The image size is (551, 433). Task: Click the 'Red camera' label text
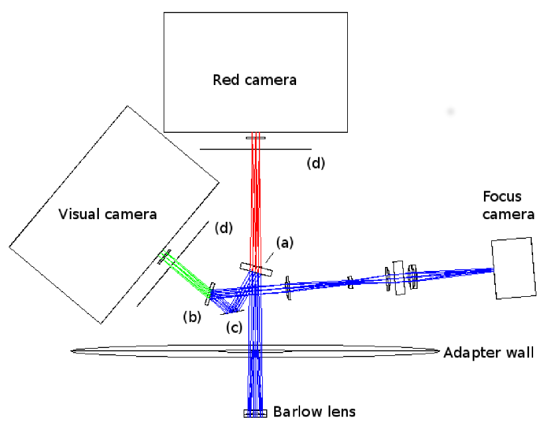254,80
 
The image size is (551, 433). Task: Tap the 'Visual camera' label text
108,214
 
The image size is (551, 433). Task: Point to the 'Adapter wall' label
489,352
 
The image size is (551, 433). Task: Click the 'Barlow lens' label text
315,412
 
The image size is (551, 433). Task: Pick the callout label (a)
283,244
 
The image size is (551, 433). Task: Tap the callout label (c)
233,327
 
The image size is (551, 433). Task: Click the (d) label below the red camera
316,163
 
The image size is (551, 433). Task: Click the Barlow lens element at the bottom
256,413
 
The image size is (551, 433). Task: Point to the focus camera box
513,268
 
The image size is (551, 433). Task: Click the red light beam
255,199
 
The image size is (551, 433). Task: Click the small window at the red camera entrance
256,138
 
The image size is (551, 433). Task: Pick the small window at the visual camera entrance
162,256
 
